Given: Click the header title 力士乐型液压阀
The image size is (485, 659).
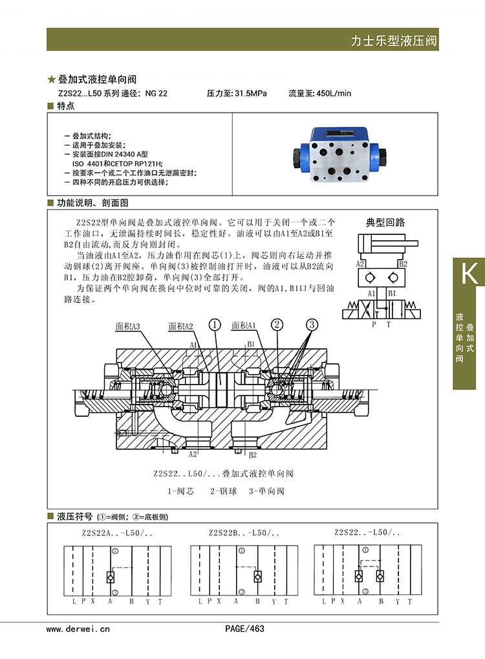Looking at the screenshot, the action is (393, 41).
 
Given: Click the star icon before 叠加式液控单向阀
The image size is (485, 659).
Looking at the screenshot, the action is (52, 80).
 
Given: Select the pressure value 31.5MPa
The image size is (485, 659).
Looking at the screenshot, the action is (251, 93).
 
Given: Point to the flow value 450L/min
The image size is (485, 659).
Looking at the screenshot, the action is (334, 93).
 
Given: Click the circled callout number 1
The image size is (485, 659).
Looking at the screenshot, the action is (215, 324).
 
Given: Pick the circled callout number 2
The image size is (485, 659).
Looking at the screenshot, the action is (277, 324).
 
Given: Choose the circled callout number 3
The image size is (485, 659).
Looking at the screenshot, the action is (312, 324).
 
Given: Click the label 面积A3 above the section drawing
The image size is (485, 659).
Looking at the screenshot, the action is (127, 326).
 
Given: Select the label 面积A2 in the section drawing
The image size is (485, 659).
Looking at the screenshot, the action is (180, 326).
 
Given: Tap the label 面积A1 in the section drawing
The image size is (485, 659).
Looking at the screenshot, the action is (244, 326).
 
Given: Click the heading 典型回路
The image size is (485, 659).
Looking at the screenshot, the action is (385, 222).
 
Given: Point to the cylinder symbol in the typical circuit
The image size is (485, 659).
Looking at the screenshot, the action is (387, 243).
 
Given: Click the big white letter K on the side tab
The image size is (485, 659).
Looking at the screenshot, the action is (469, 273).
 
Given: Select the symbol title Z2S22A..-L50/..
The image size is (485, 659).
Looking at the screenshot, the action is (117, 533).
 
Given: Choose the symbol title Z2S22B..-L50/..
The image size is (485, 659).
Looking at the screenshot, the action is (244, 533).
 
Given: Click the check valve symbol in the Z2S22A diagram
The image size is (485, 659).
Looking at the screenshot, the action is (111, 577).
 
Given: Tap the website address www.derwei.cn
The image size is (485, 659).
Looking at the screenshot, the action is (78, 629).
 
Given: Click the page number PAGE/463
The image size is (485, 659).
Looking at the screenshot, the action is (245, 629).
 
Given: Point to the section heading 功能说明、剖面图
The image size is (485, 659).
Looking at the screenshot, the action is (92, 203).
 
